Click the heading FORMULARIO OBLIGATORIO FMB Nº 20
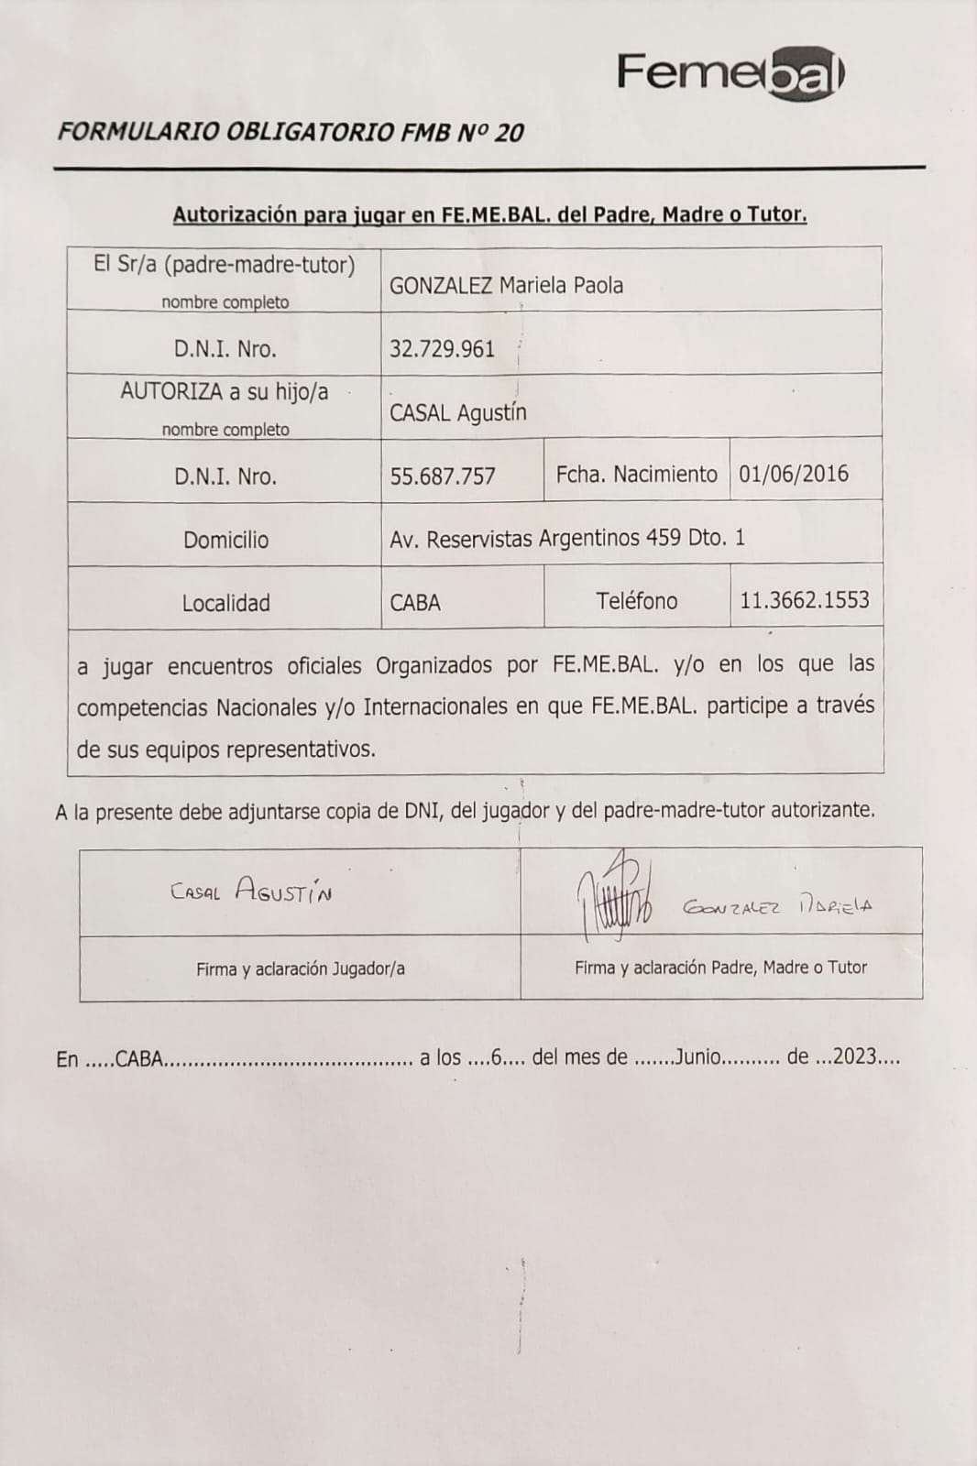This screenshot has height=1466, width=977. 291,133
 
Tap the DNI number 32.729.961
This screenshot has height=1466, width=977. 442,349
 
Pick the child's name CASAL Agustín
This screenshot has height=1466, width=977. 457,413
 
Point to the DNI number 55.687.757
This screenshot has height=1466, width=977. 443,476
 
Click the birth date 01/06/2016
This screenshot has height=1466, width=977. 794,475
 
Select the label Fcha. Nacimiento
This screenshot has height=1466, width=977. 636,475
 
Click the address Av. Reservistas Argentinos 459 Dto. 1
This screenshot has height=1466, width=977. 567,538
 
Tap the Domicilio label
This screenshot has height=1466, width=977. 225,540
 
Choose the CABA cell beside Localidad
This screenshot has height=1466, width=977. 415,603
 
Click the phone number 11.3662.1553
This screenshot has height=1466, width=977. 805,601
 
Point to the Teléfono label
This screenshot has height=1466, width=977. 636,601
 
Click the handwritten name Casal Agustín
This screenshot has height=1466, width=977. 251,891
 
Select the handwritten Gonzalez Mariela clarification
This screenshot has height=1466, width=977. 777,906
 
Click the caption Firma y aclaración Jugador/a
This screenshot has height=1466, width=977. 300,968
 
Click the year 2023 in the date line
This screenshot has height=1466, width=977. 855,1057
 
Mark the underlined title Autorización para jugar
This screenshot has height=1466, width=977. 490,215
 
